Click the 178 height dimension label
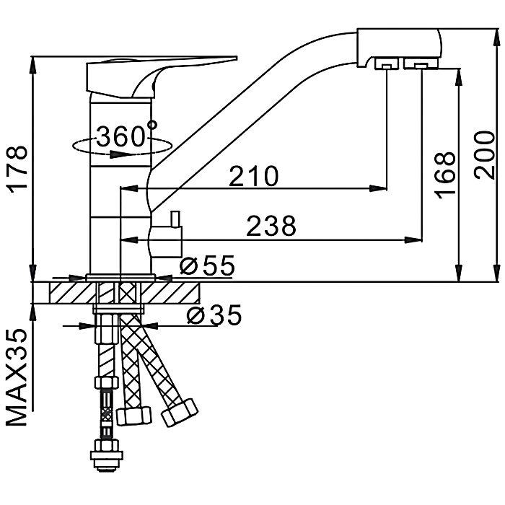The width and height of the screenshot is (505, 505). pyautogui.click(x=18, y=170)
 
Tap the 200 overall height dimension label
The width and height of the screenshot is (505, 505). pyautogui.click(x=484, y=154)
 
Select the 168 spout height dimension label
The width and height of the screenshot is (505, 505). pyautogui.click(x=445, y=175)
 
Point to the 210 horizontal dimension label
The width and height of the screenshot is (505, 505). pyautogui.click(x=253, y=176)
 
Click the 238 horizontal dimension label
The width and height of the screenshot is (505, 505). pyautogui.click(x=271, y=226)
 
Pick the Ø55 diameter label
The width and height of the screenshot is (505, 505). pyautogui.click(x=208, y=265)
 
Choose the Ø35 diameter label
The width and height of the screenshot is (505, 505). pyautogui.click(x=214, y=315)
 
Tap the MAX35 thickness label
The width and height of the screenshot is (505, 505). pyautogui.click(x=17, y=377)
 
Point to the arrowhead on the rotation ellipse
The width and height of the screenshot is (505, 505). pyautogui.click(x=116, y=154)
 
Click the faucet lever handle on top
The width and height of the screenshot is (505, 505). pyautogui.click(x=161, y=77)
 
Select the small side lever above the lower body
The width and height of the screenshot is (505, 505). pyautogui.click(x=175, y=219)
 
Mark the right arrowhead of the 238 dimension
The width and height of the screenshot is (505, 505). pyautogui.click(x=413, y=240)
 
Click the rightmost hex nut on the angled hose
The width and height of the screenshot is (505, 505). pyautogui.click(x=180, y=412)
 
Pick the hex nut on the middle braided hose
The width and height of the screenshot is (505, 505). pyautogui.click(x=134, y=416)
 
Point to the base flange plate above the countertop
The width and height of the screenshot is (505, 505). pyautogui.click(x=120, y=277)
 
